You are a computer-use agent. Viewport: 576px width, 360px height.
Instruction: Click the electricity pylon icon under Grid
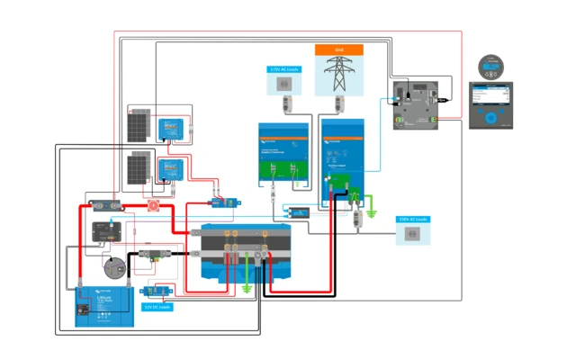(x=338, y=75)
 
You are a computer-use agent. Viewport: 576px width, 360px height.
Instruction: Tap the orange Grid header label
(x=338, y=49)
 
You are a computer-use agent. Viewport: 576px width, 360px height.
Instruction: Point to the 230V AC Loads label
(x=413, y=219)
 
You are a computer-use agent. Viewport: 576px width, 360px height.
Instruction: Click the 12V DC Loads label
(x=158, y=307)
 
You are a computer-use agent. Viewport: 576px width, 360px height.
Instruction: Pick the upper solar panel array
(x=138, y=126)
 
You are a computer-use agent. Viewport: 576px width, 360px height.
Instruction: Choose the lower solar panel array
(x=138, y=166)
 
